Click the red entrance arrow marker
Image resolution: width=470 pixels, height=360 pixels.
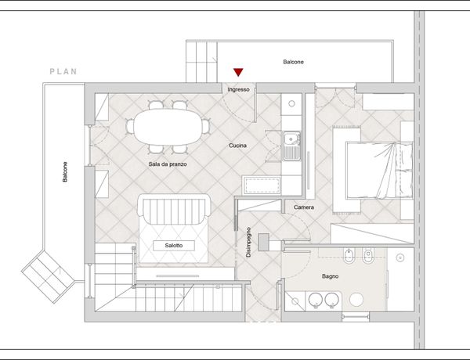click(238, 72)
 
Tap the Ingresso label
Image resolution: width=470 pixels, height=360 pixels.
click(238, 89)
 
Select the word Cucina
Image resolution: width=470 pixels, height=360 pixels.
click(237, 146)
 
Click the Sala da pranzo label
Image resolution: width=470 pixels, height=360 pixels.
click(168, 164)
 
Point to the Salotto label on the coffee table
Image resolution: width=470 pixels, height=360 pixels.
click(174, 245)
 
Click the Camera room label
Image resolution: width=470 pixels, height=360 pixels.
click(304, 207)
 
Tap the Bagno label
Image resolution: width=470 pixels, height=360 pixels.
click(330, 276)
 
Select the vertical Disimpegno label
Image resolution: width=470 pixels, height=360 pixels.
click(248, 243)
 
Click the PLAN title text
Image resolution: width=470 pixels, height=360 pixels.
click(63, 71)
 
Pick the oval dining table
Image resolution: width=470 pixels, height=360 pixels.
click(168, 127)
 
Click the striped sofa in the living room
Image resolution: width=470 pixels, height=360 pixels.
click(174, 210)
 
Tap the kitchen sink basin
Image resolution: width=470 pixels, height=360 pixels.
click(290, 139)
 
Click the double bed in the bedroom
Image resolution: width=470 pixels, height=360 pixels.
click(379, 170)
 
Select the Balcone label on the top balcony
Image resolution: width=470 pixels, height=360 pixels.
click(294, 62)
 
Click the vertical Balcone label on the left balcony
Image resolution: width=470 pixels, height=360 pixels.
click(65, 171)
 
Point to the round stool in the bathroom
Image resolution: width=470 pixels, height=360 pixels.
click(356, 300)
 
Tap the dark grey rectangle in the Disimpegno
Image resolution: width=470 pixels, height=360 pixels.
click(264, 242)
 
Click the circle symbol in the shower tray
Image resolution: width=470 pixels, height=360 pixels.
click(400, 257)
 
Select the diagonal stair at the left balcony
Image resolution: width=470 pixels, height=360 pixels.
click(48, 277)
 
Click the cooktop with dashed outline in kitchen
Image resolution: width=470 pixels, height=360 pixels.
click(262, 185)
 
